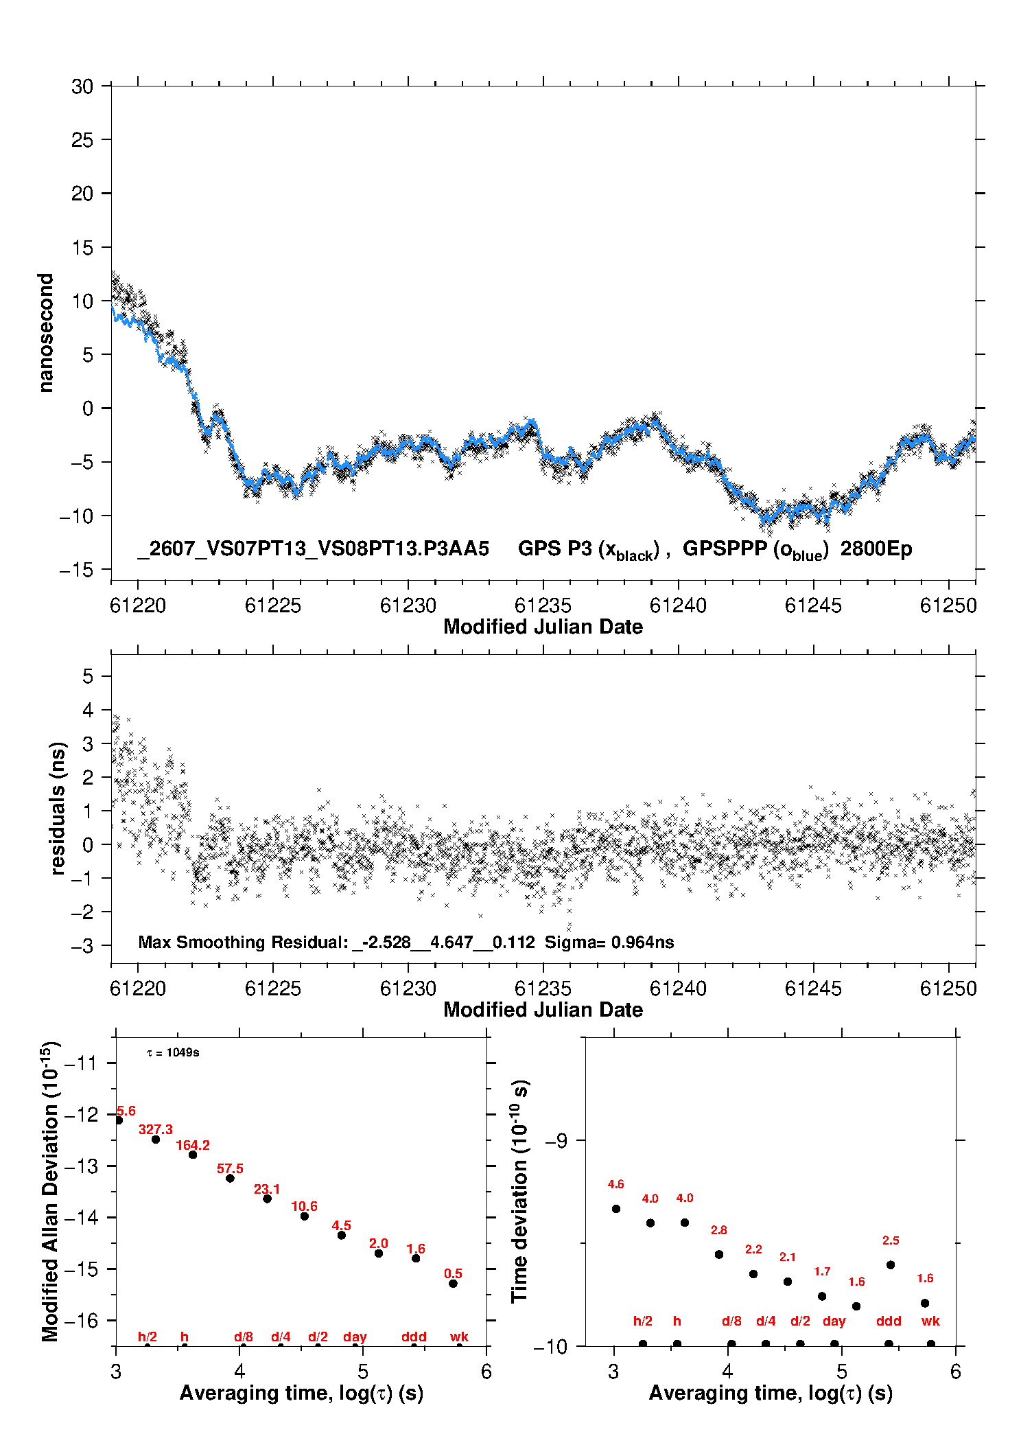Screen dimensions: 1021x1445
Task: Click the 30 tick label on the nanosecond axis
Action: (x=82, y=86)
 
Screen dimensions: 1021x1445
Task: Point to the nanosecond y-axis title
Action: (x=46, y=333)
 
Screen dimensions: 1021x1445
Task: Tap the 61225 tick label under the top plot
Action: (x=273, y=605)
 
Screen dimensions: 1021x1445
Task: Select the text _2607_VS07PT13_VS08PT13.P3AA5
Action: (x=313, y=549)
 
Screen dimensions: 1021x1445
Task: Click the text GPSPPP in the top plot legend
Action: (x=725, y=548)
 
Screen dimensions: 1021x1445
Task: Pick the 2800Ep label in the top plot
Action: (x=876, y=549)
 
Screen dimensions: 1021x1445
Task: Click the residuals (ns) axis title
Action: (x=58, y=809)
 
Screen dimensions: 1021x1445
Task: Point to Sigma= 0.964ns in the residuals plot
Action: (x=609, y=942)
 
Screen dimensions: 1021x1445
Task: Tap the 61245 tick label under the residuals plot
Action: (x=813, y=989)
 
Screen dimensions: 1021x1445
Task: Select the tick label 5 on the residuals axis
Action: (x=88, y=676)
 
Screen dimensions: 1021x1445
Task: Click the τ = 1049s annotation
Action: (x=173, y=1052)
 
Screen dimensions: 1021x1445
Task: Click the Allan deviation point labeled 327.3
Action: (x=156, y=1140)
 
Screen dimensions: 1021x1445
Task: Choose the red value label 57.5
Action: (x=230, y=1168)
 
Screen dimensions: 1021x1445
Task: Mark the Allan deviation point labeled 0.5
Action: (x=453, y=1284)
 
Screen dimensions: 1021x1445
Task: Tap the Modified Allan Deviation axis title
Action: (x=51, y=1191)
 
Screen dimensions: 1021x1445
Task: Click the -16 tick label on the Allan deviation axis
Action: (x=80, y=1320)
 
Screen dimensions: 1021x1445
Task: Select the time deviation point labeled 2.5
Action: (x=891, y=1265)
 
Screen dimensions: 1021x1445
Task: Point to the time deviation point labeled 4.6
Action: (x=616, y=1209)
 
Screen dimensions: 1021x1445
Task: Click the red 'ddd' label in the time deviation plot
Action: (x=889, y=1321)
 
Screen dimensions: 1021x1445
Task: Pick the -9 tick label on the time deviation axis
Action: (x=556, y=1140)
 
